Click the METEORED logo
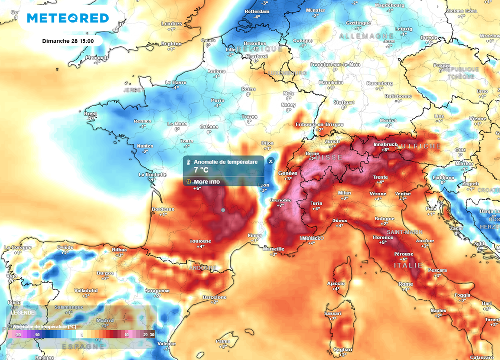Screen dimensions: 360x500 click(68, 19)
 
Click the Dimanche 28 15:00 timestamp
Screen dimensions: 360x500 click(68, 40)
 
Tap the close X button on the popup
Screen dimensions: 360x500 click(271, 161)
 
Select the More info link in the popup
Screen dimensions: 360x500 click(207, 182)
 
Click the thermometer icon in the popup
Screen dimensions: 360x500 click(188, 162)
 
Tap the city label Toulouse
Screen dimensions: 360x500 click(201, 241)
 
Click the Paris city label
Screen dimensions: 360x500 click(217, 100)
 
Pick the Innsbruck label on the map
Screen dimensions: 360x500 click(385, 144)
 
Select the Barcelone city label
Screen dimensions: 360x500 click(214, 297)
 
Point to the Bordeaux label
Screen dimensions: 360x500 click(163, 209)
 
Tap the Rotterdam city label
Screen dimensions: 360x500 click(256, 10)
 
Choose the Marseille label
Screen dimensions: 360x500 click(273, 249)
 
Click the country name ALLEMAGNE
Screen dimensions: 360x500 click(359, 36)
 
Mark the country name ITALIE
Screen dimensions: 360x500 click(407, 265)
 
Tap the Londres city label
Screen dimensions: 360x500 click(171, 23)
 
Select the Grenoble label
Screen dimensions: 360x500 click(280, 200)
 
